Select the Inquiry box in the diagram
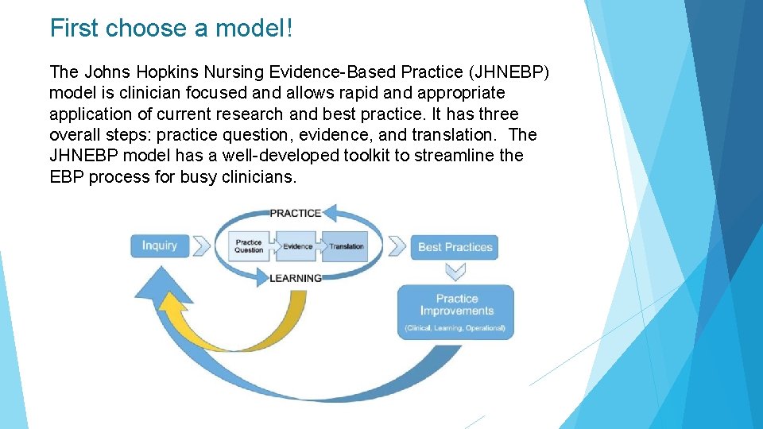160,245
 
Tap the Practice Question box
249,246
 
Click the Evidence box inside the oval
297,246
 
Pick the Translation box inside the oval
346,246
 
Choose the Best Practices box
455,246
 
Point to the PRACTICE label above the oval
295,213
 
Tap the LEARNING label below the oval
295,278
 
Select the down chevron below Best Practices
456,272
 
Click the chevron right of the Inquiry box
200,245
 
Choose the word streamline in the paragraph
451,156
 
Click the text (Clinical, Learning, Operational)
456,328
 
